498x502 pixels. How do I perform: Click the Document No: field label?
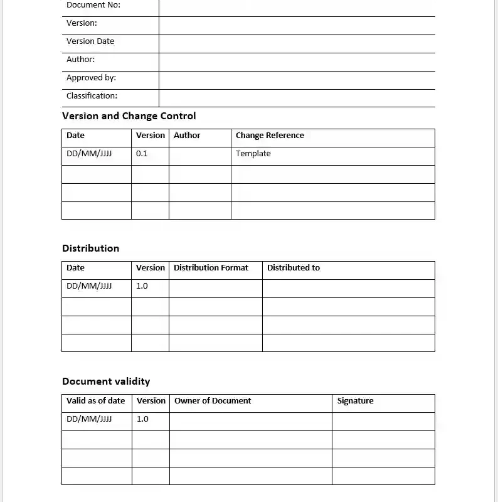point(93,5)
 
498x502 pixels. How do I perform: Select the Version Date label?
point(90,41)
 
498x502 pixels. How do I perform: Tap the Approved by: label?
point(91,78)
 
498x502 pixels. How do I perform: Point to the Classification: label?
point(92,96)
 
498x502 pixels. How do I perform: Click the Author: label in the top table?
point(80,60)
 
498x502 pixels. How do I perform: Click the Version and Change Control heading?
point(129,116)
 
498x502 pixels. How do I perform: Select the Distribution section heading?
point(90,248)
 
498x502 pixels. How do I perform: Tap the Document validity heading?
point(106,382)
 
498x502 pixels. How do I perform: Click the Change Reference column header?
point(270,136)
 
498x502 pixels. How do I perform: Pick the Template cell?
point(253,154)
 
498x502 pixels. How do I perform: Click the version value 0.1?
point(142,154)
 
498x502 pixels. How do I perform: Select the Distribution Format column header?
point(211,268)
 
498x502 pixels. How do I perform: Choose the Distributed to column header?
point(293,268)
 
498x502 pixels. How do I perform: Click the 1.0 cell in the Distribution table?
point(142,286)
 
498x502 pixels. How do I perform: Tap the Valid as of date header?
point(96,401)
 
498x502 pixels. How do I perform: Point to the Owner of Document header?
point(213,401)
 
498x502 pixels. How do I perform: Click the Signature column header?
point(355,401)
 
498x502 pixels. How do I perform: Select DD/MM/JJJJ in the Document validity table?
point(89,419)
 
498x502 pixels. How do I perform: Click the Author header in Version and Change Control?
point(187,136)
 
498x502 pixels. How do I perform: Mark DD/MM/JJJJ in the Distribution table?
point(89,286)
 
